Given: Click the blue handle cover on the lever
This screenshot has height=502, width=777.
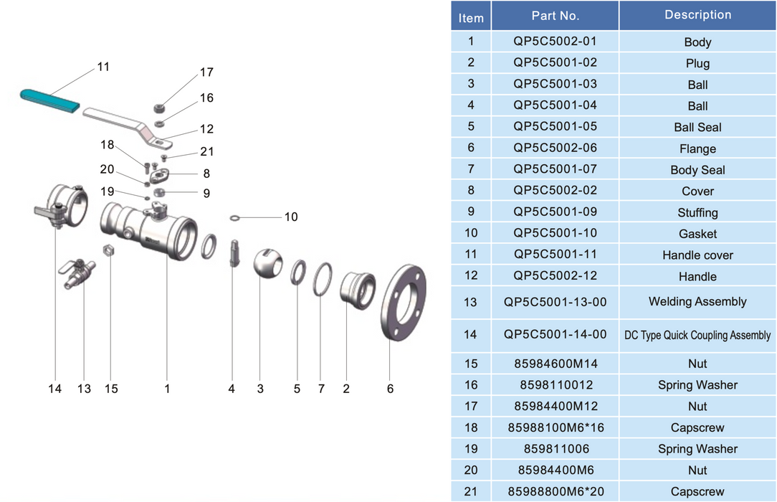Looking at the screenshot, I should tap(49, 99).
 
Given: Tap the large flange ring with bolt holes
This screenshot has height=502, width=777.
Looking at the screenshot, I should tap(404, 303).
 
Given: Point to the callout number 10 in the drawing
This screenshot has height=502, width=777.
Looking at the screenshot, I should tap(290, 217).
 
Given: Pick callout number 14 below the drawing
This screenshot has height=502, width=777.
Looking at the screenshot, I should tap(55, 389).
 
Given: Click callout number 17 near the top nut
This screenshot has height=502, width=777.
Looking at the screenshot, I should tap(206, 72).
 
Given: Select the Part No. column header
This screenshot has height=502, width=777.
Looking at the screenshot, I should tap(555, 16).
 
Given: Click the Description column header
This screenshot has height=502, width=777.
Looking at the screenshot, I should tap(697, 15).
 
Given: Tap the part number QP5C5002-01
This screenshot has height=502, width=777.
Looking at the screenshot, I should tap(555, 41).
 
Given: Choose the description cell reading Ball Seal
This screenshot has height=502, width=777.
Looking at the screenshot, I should tap(697, 127).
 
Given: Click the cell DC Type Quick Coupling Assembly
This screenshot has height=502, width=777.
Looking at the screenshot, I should tap(697, 335).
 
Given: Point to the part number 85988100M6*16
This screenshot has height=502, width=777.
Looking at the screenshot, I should tap(555, 427).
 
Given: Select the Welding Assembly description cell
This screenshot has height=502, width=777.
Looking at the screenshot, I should tap(697, 302).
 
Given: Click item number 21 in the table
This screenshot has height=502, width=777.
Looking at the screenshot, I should tap(471, 491).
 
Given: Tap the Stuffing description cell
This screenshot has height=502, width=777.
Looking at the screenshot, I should tap(697, 212).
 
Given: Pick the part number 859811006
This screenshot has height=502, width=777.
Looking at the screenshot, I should tap(555, 449).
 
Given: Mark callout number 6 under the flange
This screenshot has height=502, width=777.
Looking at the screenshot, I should tap(390, 389).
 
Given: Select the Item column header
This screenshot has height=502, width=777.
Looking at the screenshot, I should tap(471, 18).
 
